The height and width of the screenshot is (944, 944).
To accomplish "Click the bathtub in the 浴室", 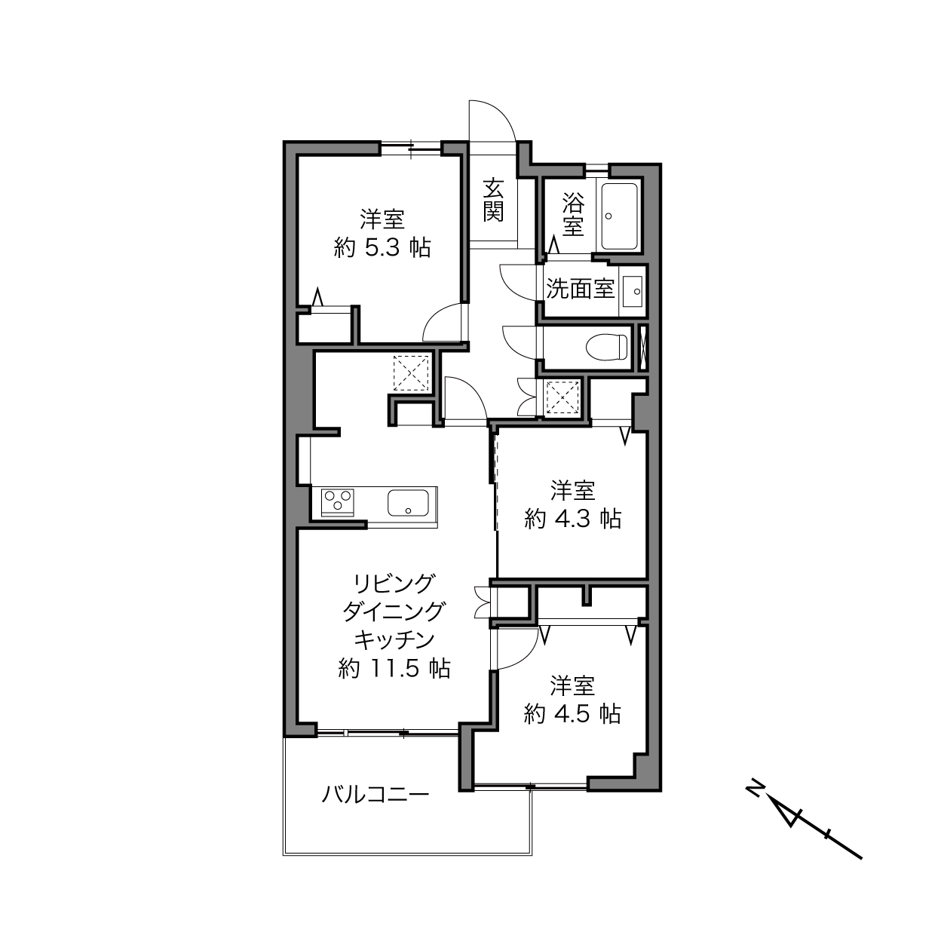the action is point(620,216).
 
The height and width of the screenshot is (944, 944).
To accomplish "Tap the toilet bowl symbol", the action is point(607,347).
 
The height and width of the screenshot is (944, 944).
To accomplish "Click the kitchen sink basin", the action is point(408,503).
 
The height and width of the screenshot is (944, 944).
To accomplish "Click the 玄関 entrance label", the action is point(493,200).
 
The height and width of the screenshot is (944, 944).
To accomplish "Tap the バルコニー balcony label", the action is point(375,794).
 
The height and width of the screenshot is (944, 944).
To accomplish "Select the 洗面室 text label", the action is point(581,289).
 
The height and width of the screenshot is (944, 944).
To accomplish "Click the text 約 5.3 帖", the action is point(382,248).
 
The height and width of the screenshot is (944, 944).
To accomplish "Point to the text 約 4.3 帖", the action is point(573,519).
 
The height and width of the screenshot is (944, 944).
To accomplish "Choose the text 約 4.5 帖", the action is point(573,714).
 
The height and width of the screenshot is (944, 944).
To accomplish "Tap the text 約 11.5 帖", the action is point(394,668).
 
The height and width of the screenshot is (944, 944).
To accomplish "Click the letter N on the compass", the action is point(755,788).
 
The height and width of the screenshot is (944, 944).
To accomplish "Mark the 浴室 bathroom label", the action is point(573,214).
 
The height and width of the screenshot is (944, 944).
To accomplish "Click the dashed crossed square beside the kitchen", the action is point(411,373).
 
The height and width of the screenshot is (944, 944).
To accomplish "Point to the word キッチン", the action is point(394,639).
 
